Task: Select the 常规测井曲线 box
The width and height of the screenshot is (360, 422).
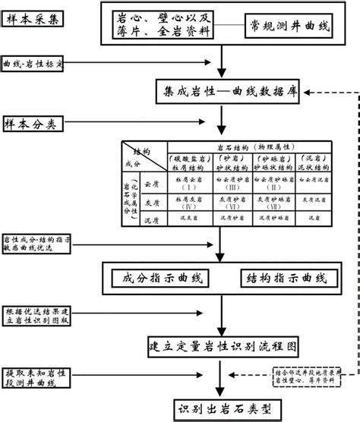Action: [291, 26]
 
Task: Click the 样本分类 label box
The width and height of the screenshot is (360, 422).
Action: [36, 123]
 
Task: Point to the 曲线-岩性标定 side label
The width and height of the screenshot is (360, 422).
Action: [36, 63]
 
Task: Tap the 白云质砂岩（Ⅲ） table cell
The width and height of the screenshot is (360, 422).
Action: [231, 183]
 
